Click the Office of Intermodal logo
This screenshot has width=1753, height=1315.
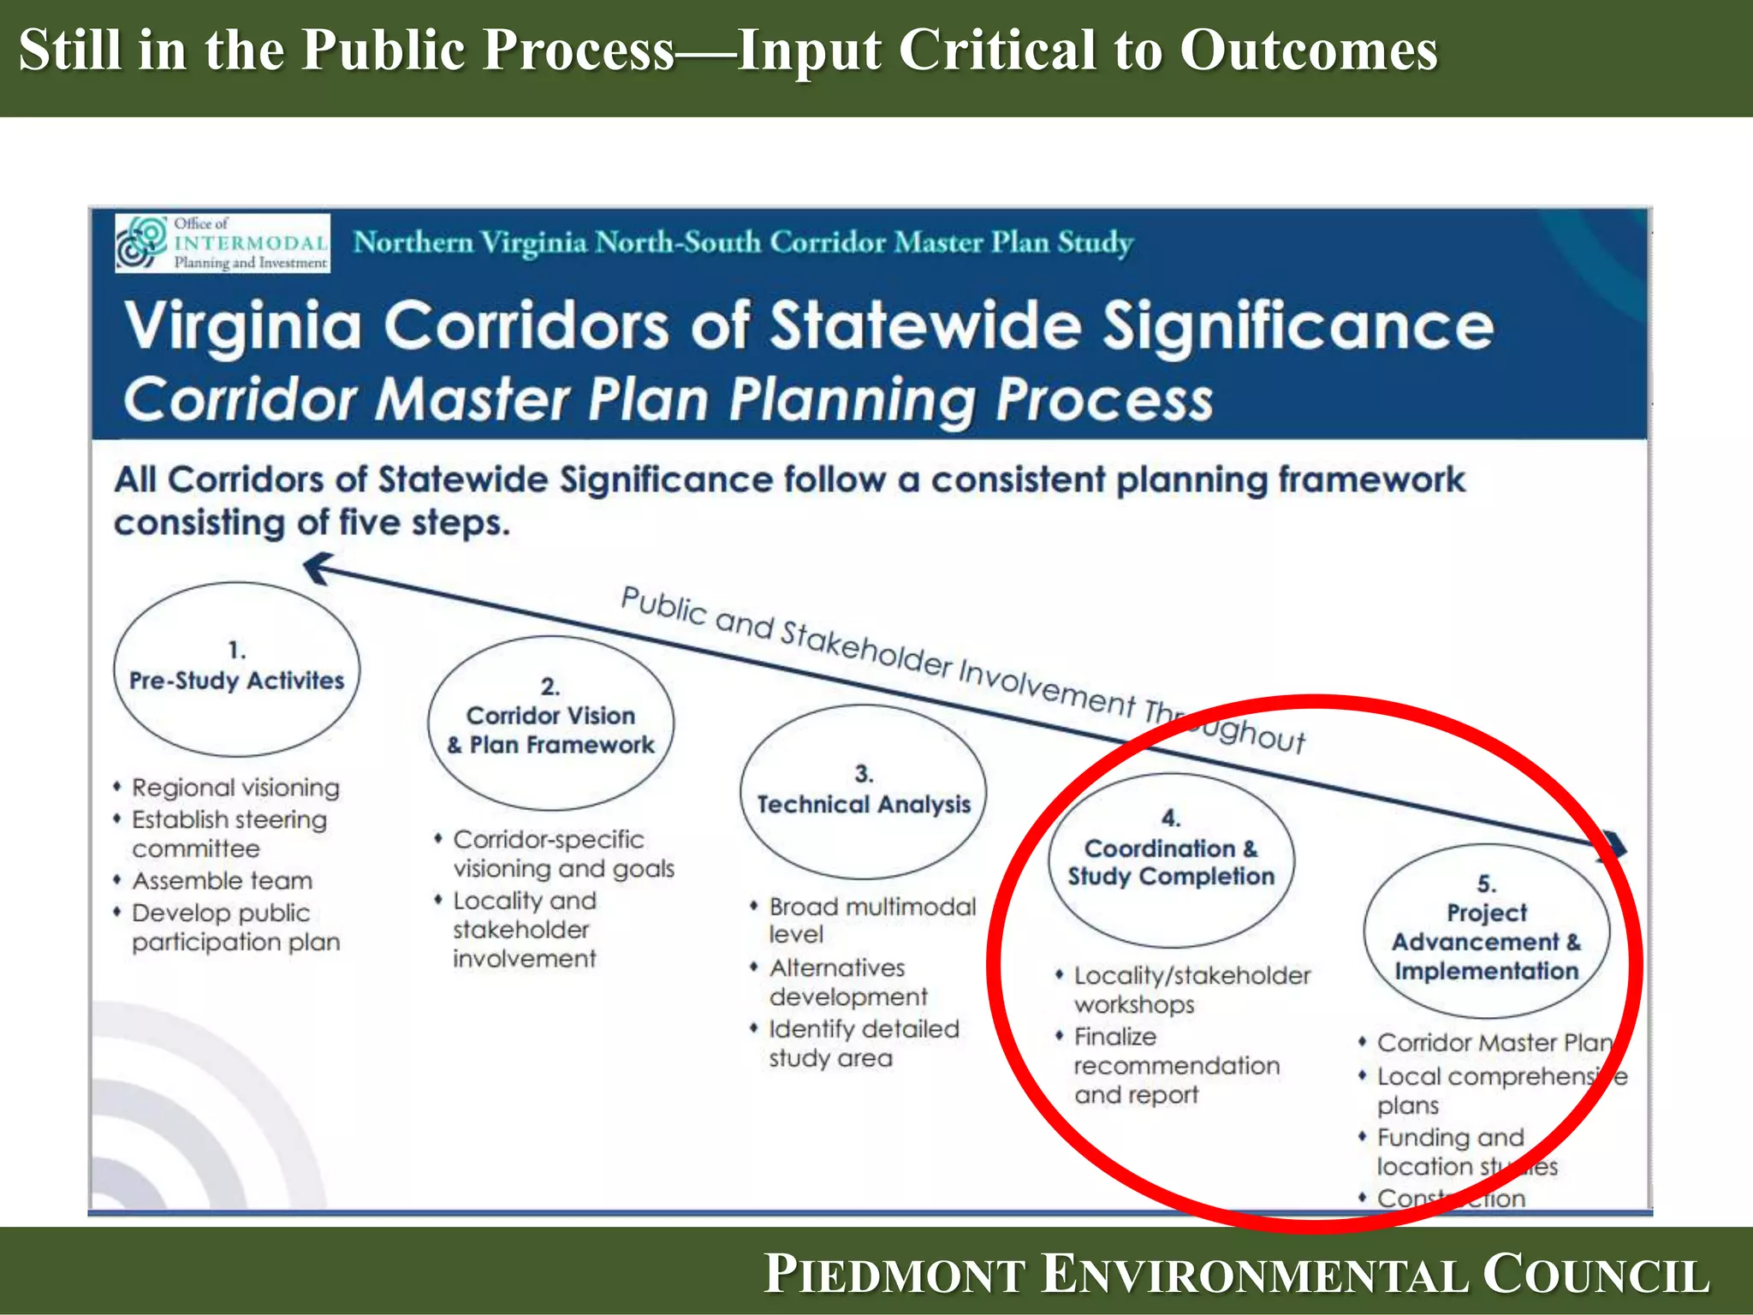(x=223, y=243)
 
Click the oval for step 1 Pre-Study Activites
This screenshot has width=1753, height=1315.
(x=237, y=669)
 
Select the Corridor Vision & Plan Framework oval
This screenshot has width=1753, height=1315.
(x=550, y=723)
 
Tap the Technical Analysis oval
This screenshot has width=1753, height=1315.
(x=863, y=792)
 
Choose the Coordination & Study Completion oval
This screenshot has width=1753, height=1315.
(x=1171, y=860)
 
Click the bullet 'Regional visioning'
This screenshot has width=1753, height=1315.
(x=235, y=788)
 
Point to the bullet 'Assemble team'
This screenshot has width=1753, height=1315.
(x=222, y=881)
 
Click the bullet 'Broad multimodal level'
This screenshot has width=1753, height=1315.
(x=871, y=920)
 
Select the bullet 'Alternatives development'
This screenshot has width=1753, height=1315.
(x=847, y=982)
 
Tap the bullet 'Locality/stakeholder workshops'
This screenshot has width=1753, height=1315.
(x=1191, y=990)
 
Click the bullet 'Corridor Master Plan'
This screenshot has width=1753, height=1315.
(x=1494, y=1043)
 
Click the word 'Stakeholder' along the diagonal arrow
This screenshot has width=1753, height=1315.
(x=865, y=649)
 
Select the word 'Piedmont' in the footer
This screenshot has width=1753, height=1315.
(x=895, y=1274)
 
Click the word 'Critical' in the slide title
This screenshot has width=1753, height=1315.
(x=997, y=50)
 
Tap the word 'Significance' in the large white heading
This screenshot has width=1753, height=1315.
(x=1297, y=326)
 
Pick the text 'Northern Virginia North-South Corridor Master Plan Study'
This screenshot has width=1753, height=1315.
(x=743, y=242)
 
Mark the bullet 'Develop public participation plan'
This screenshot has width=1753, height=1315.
(x=235, y=927)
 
